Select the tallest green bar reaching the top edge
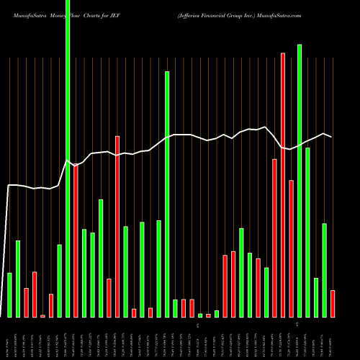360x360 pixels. tap(68, 158)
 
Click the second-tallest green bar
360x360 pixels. tap(300, 180)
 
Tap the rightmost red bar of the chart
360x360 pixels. tap(333, 303)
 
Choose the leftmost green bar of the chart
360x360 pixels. tap(9, 295)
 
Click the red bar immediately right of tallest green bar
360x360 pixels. tap(76, 240)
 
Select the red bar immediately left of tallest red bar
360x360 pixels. tap(274, 238)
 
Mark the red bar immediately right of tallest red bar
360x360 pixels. tap(291, 248)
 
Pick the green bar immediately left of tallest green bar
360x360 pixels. tap(59, 281)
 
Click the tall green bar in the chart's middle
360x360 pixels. tap(167, 194)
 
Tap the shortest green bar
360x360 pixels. tap(200, 315)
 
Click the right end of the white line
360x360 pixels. tap(331, 137)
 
